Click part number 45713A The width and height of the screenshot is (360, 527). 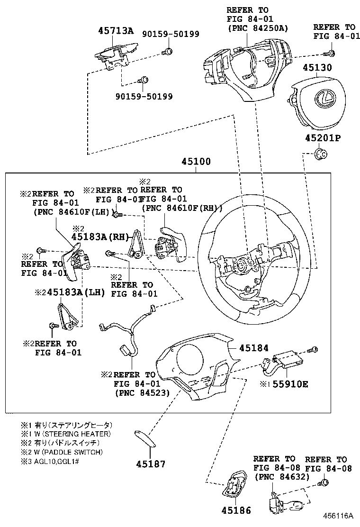coord(116,32)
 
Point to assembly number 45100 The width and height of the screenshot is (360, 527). coord(196,162)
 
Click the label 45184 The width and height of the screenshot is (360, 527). coord(253,348)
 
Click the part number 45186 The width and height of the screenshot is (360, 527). coord(235,510)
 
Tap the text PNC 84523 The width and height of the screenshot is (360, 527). coord(142,392)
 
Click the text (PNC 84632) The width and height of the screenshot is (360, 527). coord(281,476)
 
